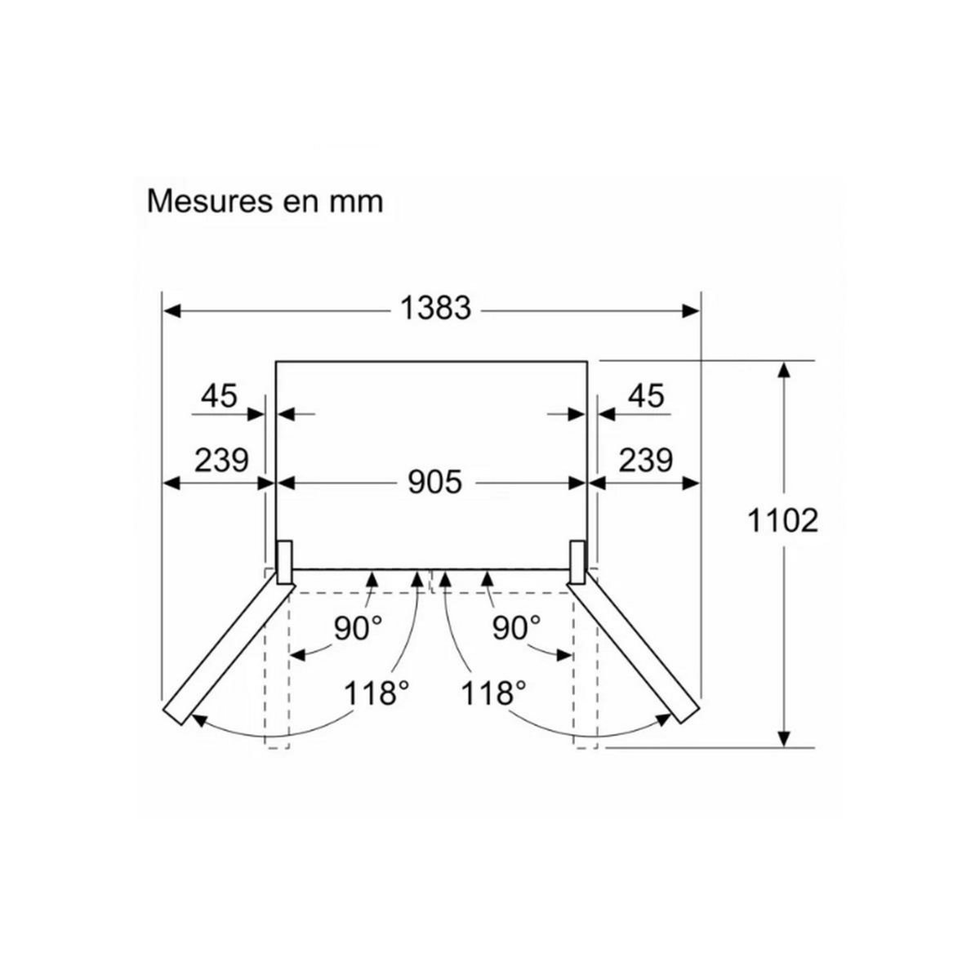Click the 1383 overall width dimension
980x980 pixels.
(x=435, y=309)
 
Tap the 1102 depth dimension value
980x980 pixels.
(x=782, y=519)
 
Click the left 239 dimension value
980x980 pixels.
(x=220, y=461)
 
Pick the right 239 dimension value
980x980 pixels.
(x=645, y=461)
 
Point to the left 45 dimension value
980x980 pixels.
(x=219, y=396)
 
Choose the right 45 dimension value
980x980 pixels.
(x=646, y=396)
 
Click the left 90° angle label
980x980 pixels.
(x=358, y=627)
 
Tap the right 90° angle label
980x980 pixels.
(x=517, y=627)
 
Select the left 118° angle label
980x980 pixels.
(x=376, y=694)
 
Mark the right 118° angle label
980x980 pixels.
(x=493, y=694)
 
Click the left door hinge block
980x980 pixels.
(x=285, y=562)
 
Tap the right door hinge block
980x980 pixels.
(x=577, y=562)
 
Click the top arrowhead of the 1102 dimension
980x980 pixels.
(x=784, y=369)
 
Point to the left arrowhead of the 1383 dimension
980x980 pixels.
(x=171, y=310)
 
